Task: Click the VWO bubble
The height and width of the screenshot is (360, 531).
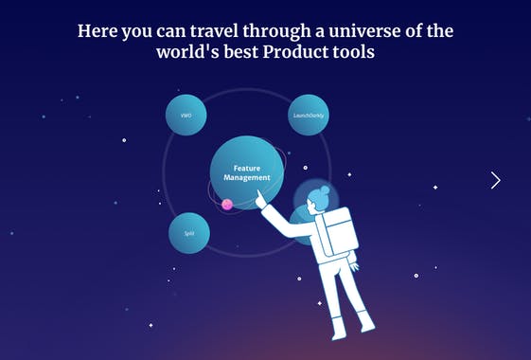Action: click(x=186, y=116)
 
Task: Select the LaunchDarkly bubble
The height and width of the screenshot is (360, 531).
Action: click(x=308, y=116)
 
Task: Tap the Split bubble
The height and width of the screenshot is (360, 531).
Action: click(x=189, y=233)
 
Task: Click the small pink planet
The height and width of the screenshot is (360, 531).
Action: click(x=227, y=204)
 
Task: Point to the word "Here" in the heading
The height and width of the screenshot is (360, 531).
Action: click(x=97, y=31)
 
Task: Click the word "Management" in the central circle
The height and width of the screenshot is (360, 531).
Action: click(x=247, y=177)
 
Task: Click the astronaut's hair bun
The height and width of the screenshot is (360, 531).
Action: click(x=325, y=190)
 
